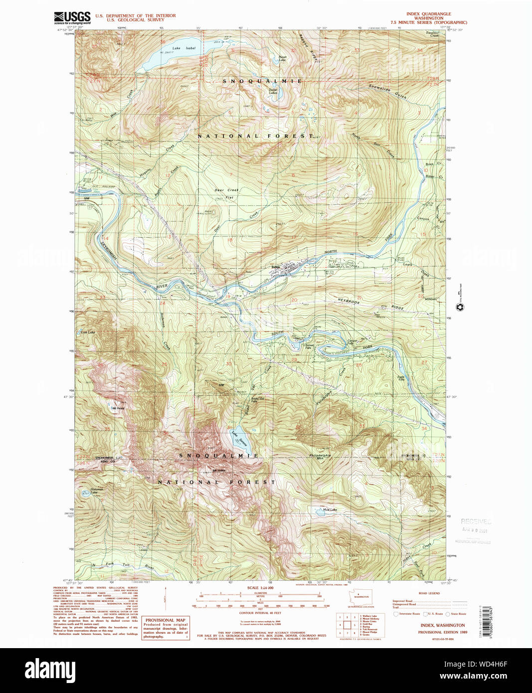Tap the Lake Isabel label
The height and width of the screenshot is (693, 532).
coord(183,48)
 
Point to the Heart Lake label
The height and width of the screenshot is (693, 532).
coord(282,58)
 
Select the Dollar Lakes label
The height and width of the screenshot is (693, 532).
coord(273,91)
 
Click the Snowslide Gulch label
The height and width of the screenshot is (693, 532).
coord(387,91)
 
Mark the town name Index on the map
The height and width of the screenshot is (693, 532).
coord(275,267)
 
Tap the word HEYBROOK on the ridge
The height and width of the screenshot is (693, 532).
coord(349,301)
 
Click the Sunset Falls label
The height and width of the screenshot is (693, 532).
coord(310,346)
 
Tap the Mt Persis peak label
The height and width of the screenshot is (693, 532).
coord(118,408)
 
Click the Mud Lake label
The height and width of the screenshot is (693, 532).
coord(330,510)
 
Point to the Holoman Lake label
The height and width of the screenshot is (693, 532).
coord(97,491)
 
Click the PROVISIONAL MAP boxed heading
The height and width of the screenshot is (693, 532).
coord(165,620)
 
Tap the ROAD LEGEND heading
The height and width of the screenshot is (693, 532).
coord(429,593)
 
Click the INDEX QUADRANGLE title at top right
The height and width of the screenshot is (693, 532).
coord(429,14)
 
